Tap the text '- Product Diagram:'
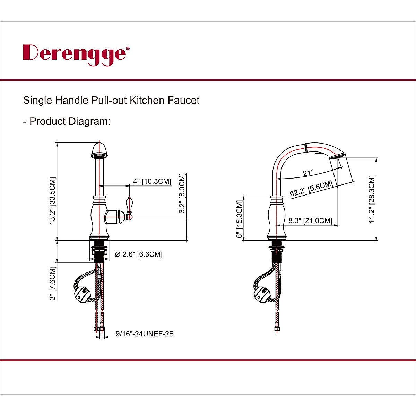coord(67,121)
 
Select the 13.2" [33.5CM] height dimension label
coord(52,201)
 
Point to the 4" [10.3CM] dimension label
coord(152,181)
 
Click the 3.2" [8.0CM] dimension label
coord(183,194)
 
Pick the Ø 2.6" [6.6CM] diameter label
coord(138,254)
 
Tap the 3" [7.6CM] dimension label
coord(52,283)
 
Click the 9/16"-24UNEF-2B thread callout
coord(145,334)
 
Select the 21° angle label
coord(308,173)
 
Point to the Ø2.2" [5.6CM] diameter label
coord(311,189)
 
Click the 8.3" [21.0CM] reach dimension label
coord(310,220)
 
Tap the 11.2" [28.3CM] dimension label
coord(372,199)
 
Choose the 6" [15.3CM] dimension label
coord(239,219)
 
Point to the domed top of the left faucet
coord(99,149)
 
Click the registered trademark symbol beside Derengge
coord(128,49)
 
